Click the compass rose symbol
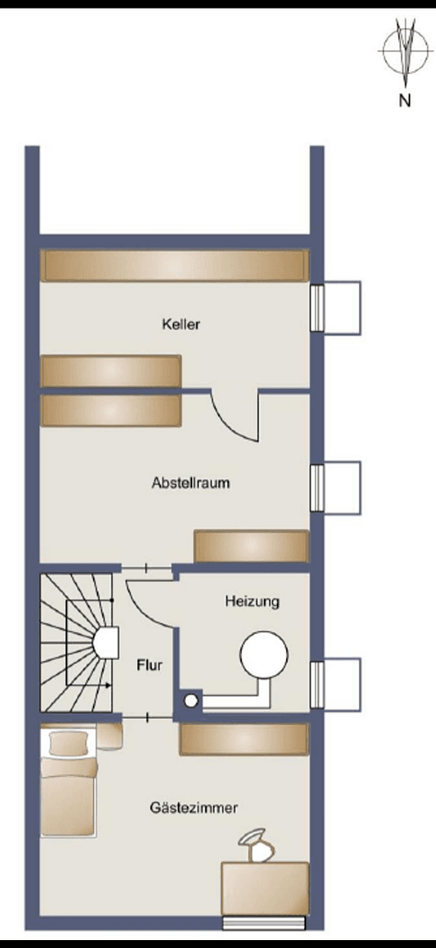point(404,52)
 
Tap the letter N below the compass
point(404,100)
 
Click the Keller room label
point(181,324)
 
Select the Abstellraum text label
point(190,482)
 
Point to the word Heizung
point(252,601)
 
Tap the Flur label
point(149,665)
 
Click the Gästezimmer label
point(193,808)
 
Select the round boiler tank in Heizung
point(264,656)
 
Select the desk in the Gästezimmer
point(265,888)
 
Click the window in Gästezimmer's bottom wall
point(264,922)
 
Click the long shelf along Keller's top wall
point(174,265)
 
